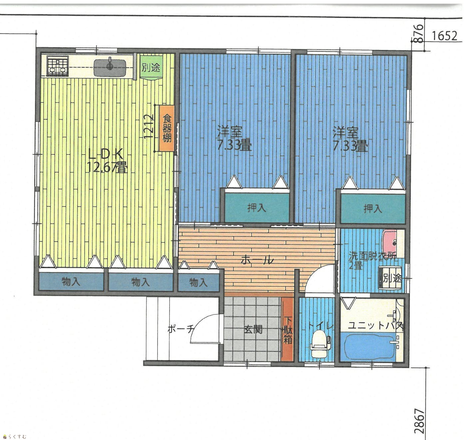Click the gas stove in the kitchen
(x=58, y=66)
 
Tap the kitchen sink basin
(x=110, y=68)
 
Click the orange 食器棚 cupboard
(x=167, y=128)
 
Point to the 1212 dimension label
(x=149, y=127)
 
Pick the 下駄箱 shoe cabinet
(x=287, y=329)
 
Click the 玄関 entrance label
(x=253, y=329)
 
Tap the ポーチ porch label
(x=181, y=329)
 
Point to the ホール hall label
(x=257, y=260)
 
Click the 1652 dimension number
(x=444, y=36)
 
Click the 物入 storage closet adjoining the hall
(x=199, y=282)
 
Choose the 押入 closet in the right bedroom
(x=373, y=209)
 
